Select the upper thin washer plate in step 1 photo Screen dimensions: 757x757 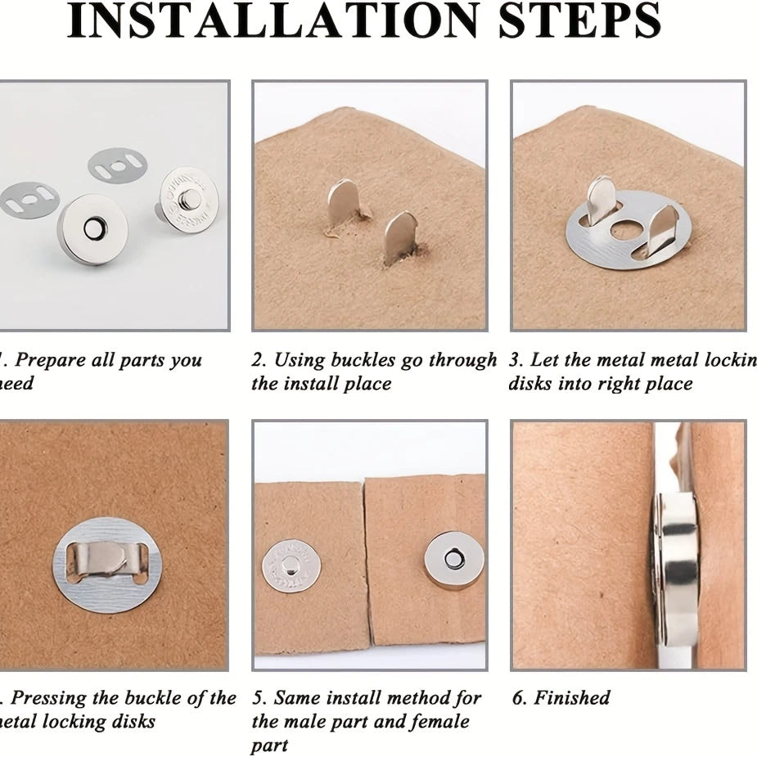click(118, 165)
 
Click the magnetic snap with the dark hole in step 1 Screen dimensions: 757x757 click(92, 228)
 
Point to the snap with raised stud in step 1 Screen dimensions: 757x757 click(187, 199)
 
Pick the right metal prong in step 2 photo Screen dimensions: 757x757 click(401, 237)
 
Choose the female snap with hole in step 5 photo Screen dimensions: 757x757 click(453, 560)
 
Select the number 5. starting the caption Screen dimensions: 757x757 click(259, 698)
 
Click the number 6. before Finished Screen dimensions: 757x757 click(520, 698)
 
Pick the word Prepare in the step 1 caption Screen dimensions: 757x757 click(52, 360)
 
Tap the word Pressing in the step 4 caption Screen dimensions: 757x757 click(47, 698)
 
